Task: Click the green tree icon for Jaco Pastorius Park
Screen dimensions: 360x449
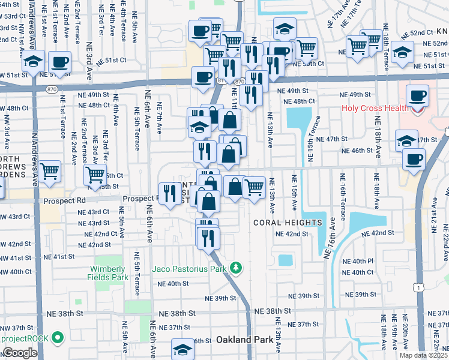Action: [x=237, y=267]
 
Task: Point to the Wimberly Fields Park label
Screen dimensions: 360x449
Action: [x=110, y=274]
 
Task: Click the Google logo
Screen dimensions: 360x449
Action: [x=20, y=353]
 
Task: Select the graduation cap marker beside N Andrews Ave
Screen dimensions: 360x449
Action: [x=34, y=61]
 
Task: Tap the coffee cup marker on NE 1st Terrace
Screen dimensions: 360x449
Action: [x=60, y=61]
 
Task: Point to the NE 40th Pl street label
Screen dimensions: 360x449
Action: [x=363, y=262]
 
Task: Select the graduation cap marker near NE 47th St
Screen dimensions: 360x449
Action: [x=406, y=140]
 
